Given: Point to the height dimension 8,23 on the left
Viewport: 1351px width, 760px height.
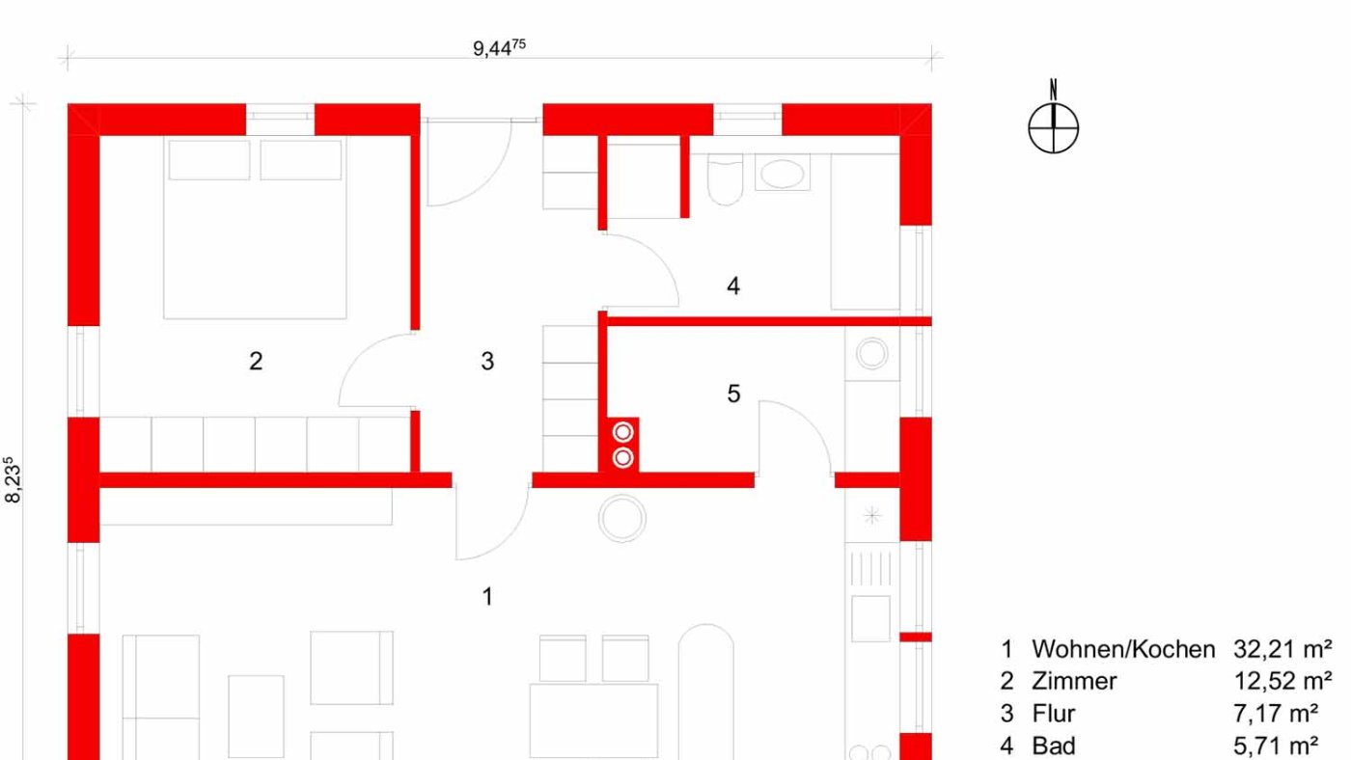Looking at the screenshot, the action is point(12,479).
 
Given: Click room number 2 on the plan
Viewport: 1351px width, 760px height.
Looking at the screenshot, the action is point(256,361).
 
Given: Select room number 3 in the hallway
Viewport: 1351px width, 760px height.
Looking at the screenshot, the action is point(487,361).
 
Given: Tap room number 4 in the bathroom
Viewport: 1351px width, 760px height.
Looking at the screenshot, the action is point(732,285).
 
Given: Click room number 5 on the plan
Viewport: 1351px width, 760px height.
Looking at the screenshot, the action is point(733,394).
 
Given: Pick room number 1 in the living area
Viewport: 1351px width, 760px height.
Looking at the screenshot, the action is point(487,597).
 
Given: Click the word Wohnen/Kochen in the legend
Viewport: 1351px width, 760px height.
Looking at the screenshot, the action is point(1123,650).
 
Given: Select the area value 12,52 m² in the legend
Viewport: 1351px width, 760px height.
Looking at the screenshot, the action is point(1282,682).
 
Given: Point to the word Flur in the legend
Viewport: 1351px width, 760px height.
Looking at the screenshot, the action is point(1053,714).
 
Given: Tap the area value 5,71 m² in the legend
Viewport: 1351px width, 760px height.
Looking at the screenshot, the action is point(1275,746).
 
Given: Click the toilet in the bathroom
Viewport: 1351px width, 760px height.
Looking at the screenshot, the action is point(725,179).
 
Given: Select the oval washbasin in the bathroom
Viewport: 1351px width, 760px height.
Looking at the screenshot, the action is point(783,175).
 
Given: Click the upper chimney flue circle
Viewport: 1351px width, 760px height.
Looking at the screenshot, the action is point(623,432).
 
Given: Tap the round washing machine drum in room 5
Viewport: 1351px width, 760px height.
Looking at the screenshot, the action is point(872,353).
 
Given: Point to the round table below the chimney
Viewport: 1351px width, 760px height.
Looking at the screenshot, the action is point(622,518).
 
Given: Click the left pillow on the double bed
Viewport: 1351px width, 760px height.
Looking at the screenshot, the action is point(209,160).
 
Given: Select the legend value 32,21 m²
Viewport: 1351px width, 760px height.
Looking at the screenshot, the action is point(1282,650).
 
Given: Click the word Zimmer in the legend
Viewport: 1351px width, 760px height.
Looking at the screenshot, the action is point(1073,682).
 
